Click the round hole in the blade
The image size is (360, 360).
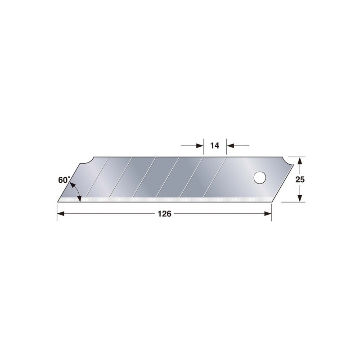[x=260, y=177]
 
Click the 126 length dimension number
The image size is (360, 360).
[x=164, y=214]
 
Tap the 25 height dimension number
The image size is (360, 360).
[x=300, y=180]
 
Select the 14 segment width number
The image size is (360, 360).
[x=215, y=145]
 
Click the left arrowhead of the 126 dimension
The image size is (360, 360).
[x=60, y=214]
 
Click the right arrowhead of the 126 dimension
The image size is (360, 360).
[x=268, y=214]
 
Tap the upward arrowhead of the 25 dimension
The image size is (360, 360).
[x=299, y=161]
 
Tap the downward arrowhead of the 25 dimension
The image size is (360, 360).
[x=299, y=198]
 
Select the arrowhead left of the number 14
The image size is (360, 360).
[x=200, y=145]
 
